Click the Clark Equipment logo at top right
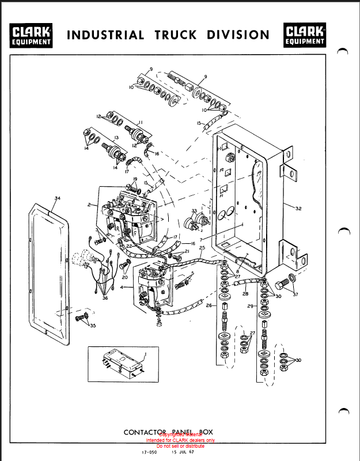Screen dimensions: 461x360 coord(304,35)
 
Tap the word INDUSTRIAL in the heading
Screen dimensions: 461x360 coord(106,35)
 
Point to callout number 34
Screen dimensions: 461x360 coord(57,198)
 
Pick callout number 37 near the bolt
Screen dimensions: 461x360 coord(295,294)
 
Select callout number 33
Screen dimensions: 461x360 coord(194,211)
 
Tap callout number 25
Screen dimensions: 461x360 coord(202,248)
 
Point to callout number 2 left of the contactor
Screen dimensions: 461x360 coord(89,205)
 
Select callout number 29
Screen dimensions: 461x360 coord(251,307)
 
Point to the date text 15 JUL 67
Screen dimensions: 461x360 coord(183,452)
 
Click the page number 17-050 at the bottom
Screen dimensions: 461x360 coord(149,452)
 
